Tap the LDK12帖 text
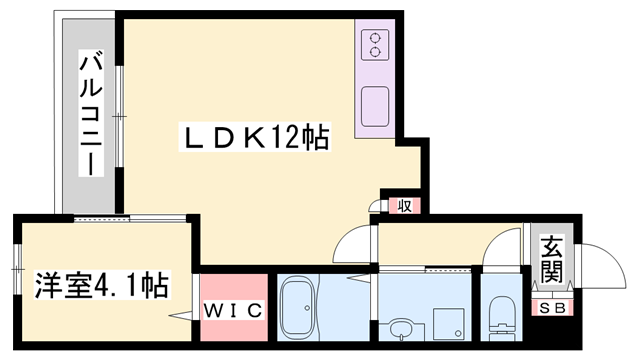[x=255, y=138]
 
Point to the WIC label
[x=234, y=311]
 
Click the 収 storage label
[x=405, y=207]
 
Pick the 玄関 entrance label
[x=552, y=258]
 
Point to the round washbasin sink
[x=401, y=329]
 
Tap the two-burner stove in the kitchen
[x=374, y=44]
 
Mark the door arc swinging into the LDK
[x=351, y=241]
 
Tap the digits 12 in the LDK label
[x=284, y=138]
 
